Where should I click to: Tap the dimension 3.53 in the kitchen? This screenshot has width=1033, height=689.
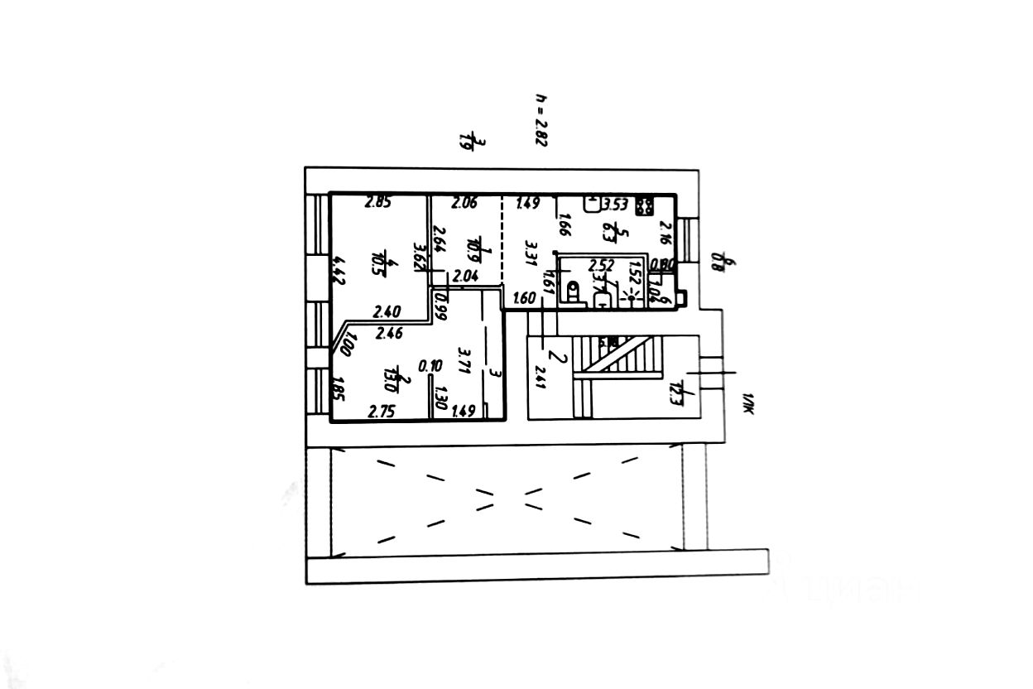(616, 204)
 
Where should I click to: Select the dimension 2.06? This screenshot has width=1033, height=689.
(464, 200)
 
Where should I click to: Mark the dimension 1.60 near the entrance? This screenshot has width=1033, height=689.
(525, 298)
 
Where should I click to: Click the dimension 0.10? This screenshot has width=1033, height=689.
(429, 365)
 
